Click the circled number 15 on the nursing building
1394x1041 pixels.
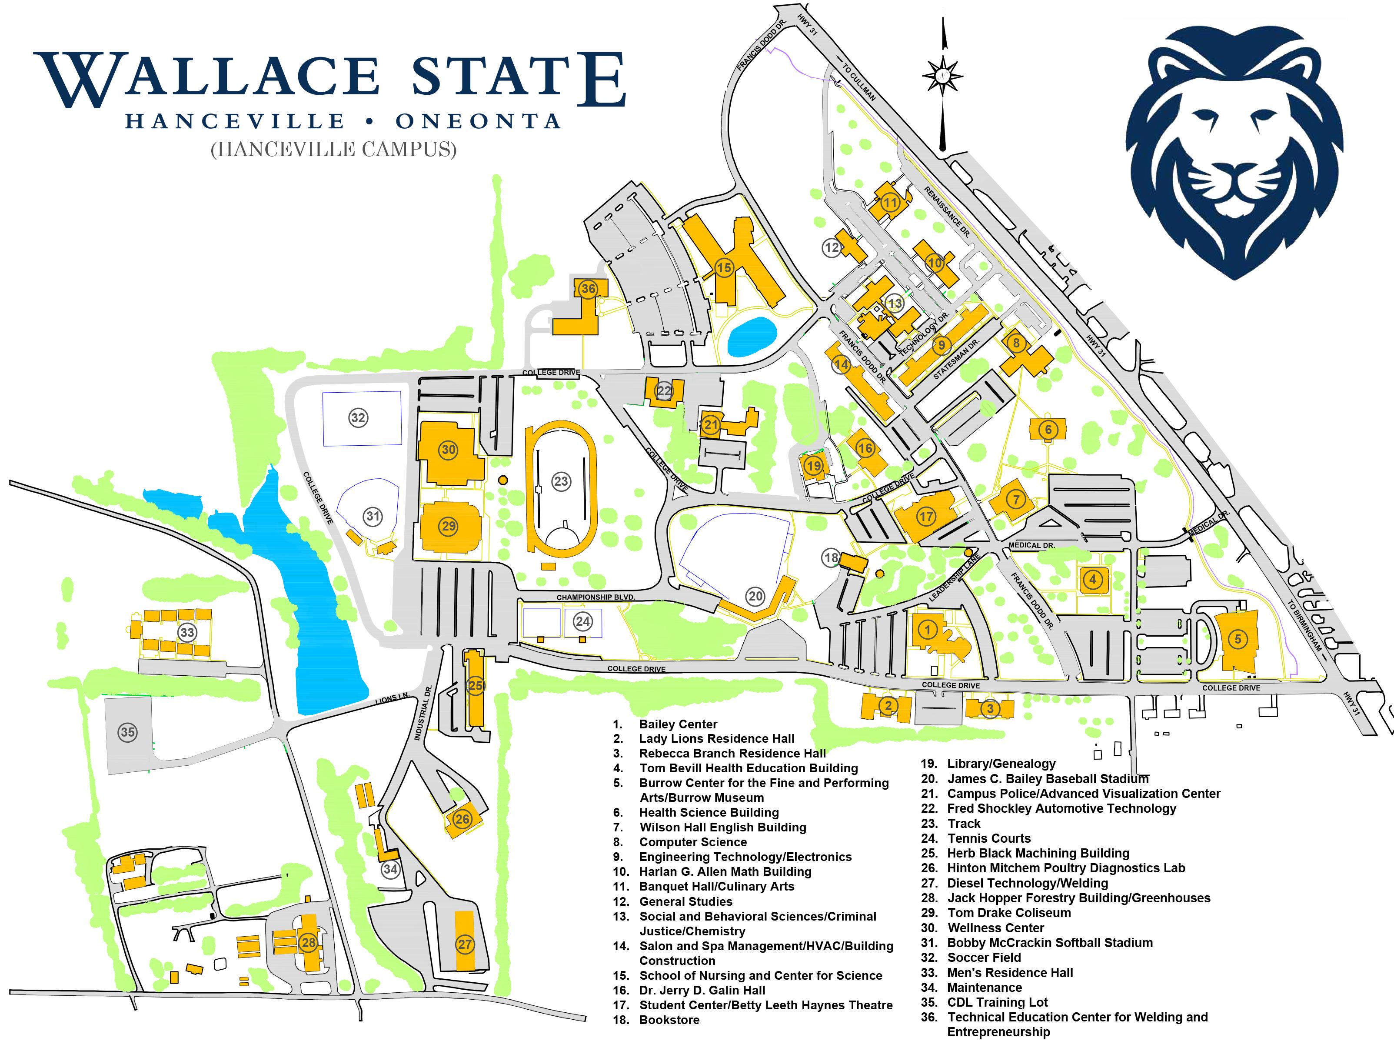(724, 268)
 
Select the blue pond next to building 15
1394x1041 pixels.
(751, 335)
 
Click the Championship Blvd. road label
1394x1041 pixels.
(595, 597)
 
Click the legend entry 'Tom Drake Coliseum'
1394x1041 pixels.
(1008, 912)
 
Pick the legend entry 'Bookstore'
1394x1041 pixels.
(669, 1020)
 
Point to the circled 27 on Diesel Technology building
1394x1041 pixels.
(464, 944)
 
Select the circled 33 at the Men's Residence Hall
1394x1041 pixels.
(186, 632)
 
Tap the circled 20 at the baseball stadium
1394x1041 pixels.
(755, 596)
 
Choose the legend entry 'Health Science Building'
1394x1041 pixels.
(709, 812)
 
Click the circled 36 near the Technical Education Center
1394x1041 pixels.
(588, 289)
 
